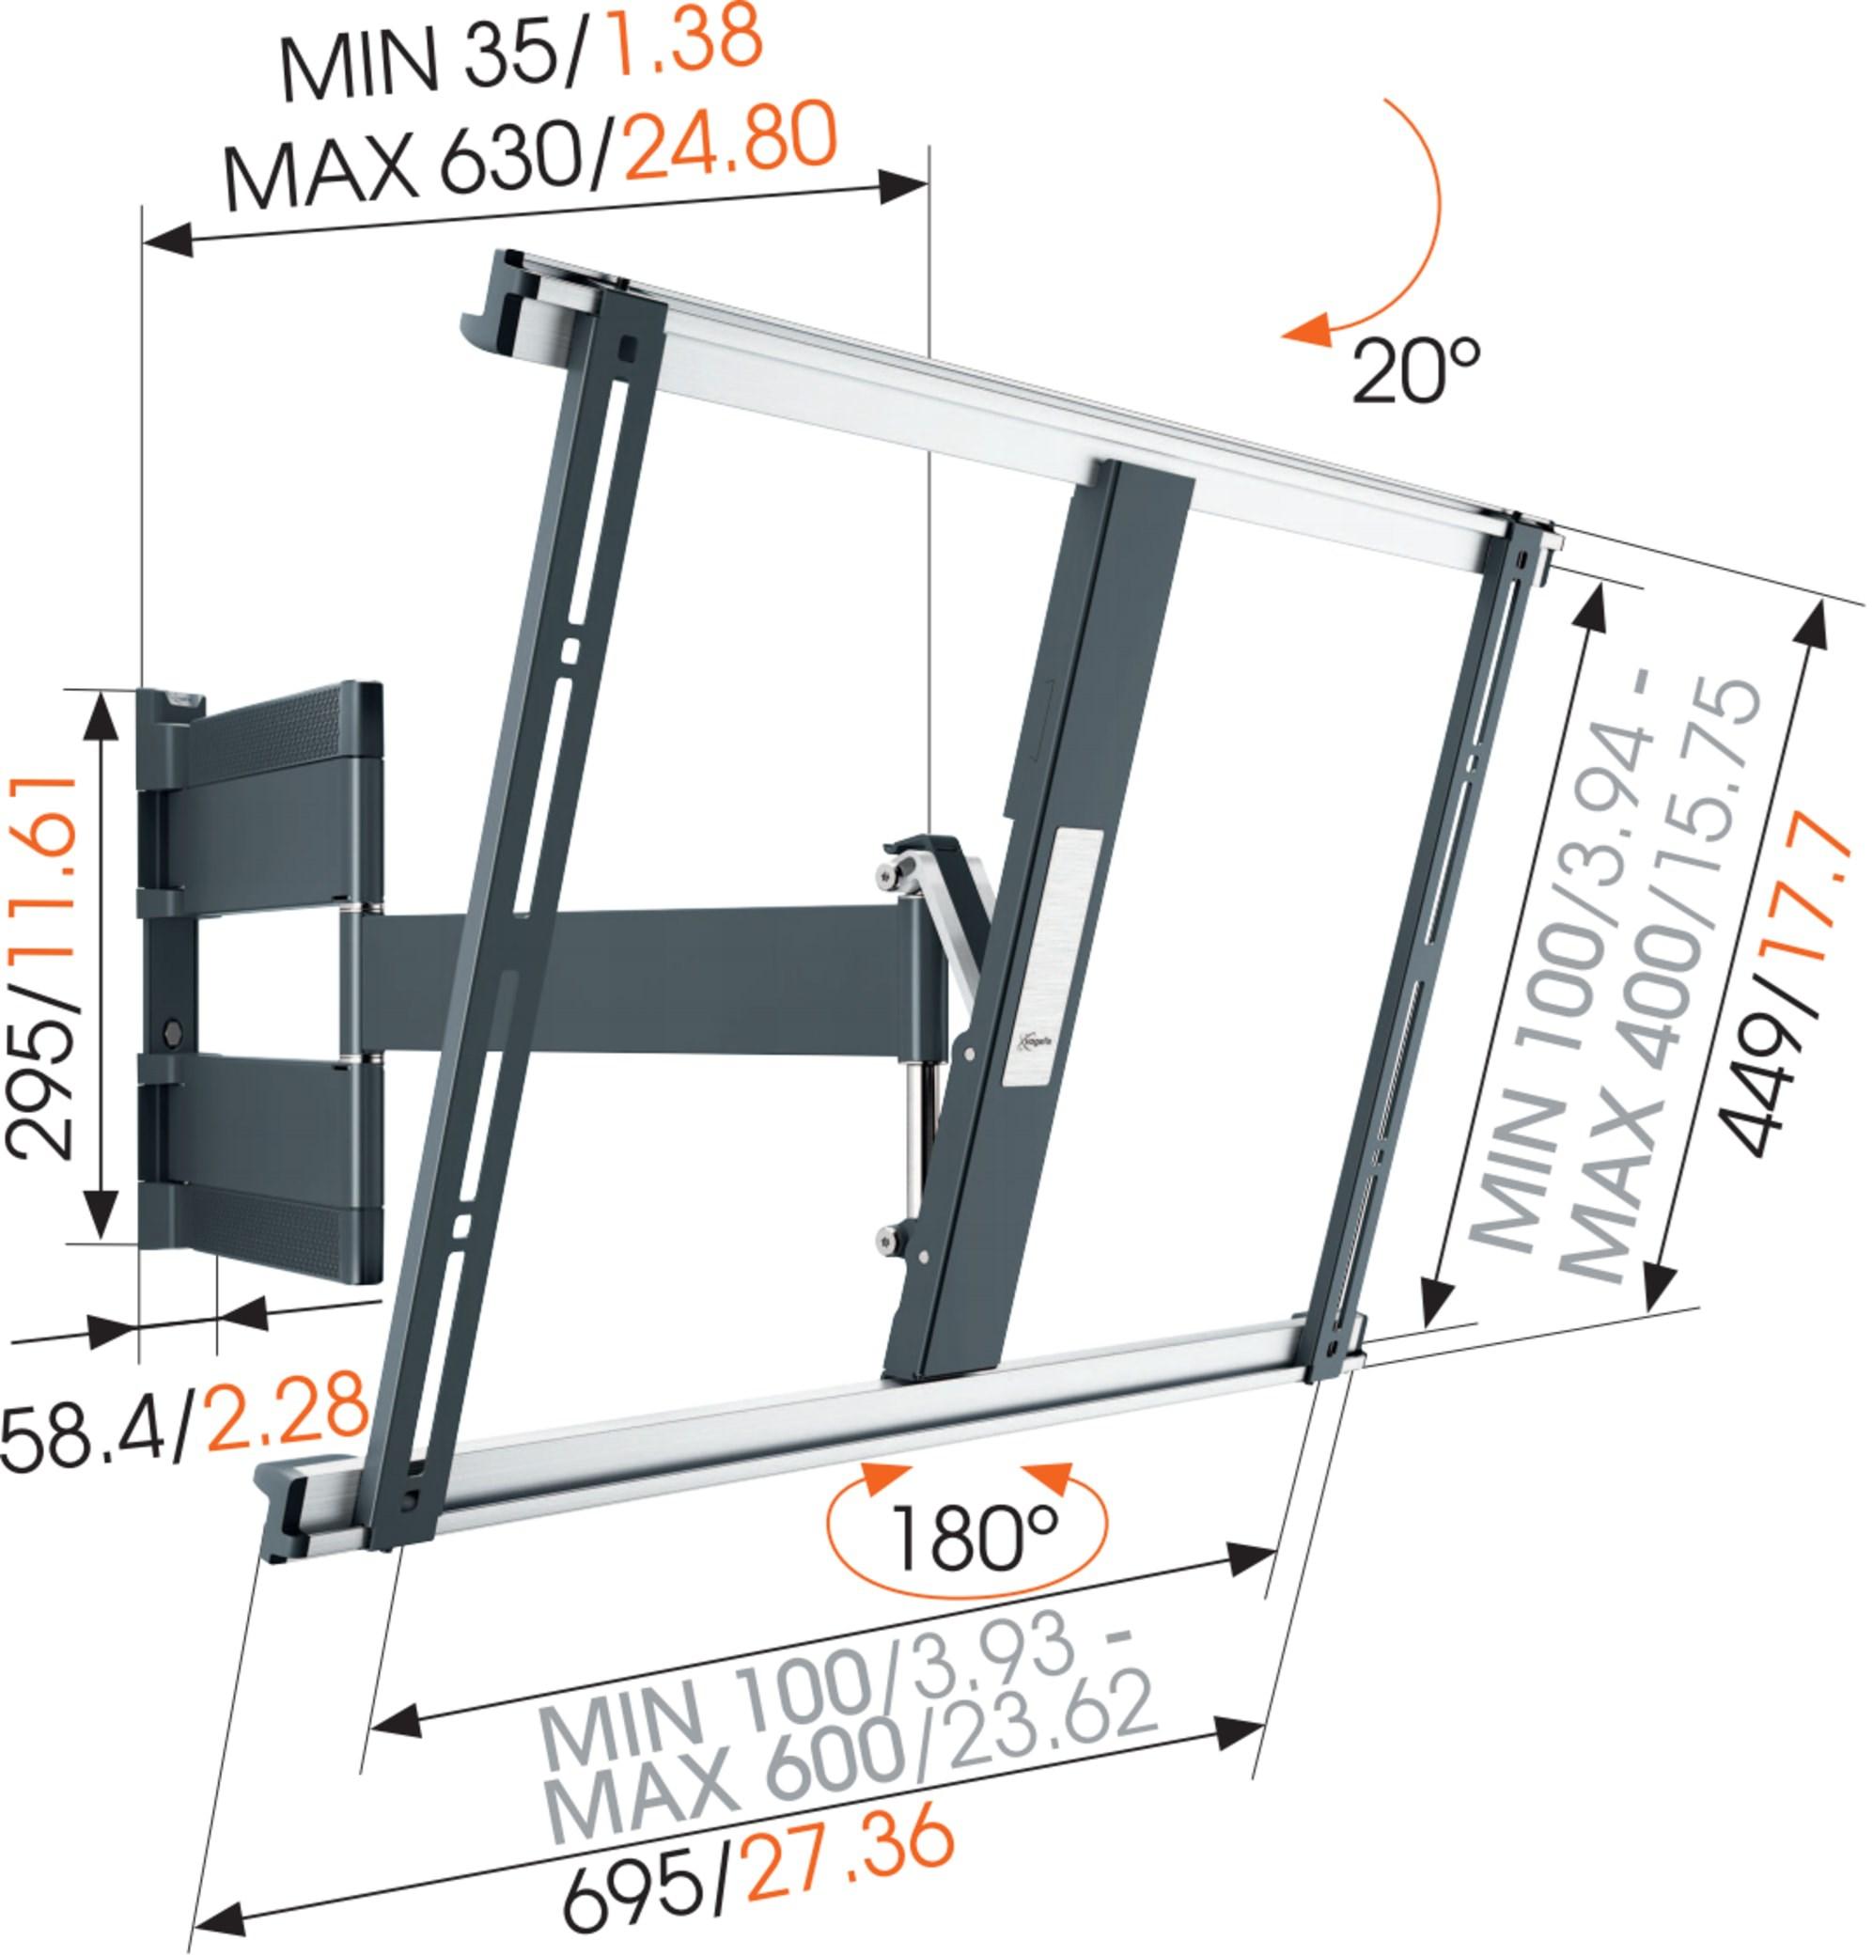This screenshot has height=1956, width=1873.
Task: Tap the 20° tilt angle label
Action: click(x=1415, y=368)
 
